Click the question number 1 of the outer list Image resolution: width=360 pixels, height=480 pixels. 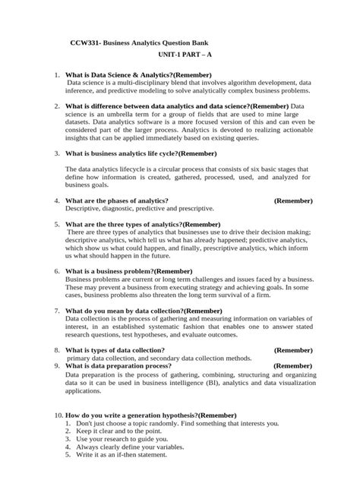coord(58,76)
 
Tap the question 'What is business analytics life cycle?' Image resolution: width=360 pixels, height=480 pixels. coord(141,153)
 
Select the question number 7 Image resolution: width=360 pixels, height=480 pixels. coord(58,311)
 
